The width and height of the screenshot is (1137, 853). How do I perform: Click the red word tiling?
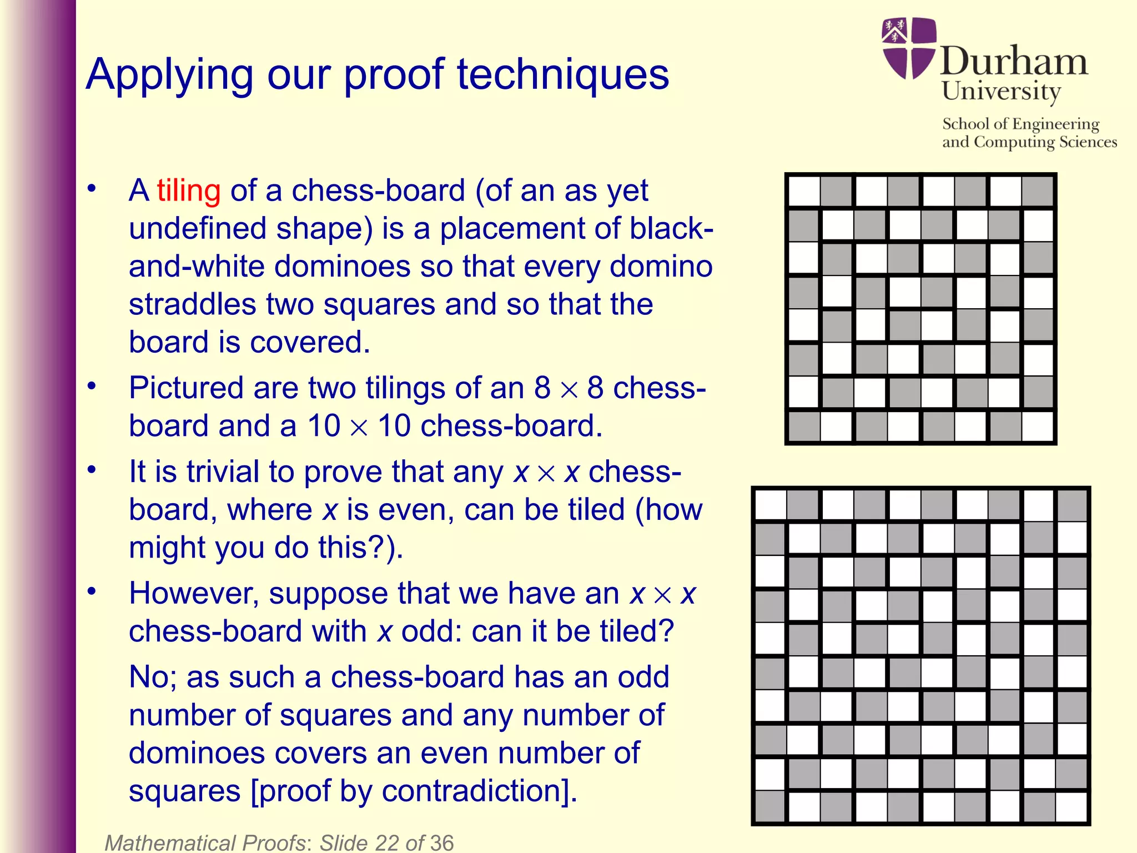click(x=189, y=190)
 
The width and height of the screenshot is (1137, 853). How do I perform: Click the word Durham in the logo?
click(x=1014, y=61)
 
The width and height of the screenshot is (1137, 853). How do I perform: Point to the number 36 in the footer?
click(x=441, y=842)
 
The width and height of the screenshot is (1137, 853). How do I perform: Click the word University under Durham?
click(x=1001, y=91)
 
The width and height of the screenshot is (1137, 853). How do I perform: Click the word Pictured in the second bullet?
click(x=185, y=388)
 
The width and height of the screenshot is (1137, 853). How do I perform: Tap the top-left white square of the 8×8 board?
click(x=804, y=191)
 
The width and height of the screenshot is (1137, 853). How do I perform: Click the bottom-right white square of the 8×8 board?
click(x=1038, y=426)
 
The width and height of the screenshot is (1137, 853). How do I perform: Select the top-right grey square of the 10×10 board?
click(x=1072, y=505)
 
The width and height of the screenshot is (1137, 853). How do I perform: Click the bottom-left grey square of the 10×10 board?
click(x=770, y=806)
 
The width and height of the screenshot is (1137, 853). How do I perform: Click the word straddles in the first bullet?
click(x=192, y=304)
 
